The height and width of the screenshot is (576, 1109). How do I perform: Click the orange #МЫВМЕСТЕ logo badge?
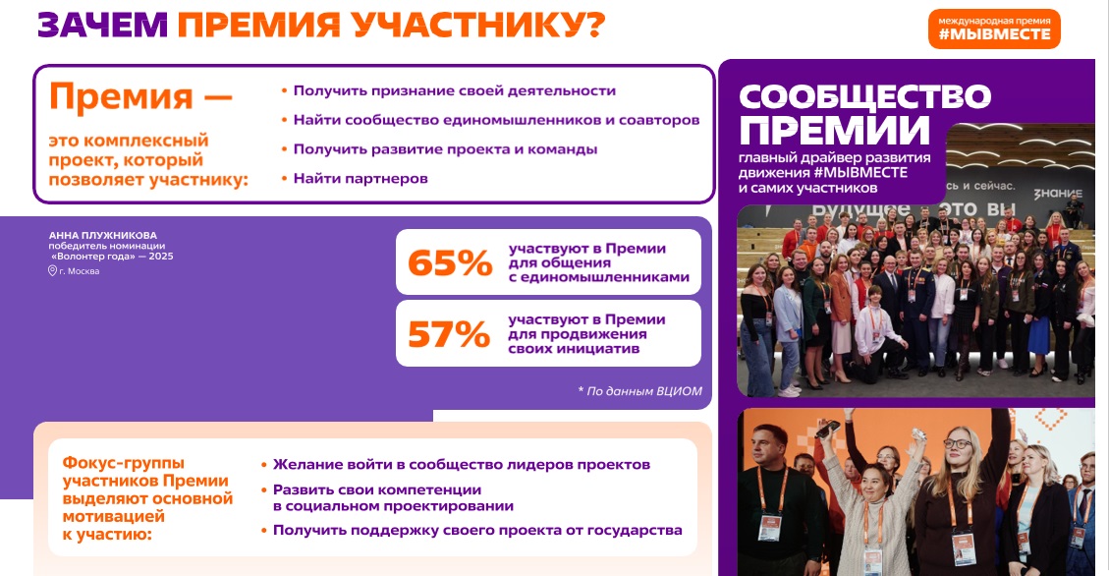tap(994, 29)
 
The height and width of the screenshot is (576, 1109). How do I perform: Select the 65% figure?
tap(450, 262)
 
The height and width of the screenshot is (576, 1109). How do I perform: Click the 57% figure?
tap(449, 334)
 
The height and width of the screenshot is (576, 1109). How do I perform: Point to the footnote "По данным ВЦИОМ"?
tap(640, 390)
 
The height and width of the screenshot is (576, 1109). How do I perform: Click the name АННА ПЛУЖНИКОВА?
tap(102, 235)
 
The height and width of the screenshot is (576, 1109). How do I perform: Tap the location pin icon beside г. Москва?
tap(52, 271)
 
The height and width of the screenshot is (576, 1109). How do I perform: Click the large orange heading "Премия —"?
tap(140, 97)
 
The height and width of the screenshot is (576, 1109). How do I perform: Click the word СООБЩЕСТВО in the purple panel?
tap(865, 96)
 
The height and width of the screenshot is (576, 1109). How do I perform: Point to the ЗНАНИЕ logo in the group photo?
tap(1058, 194)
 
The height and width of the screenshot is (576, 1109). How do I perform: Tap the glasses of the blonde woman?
tap(958, 443)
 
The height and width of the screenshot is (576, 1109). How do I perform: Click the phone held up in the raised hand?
tap(827, 429)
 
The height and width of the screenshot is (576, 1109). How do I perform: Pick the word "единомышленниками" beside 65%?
tap(605, 277)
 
